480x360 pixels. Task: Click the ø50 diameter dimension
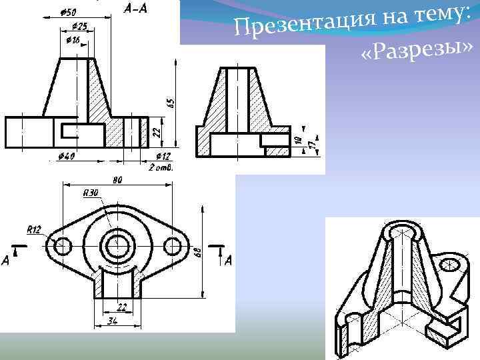point(67,12)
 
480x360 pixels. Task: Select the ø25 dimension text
point(79,26)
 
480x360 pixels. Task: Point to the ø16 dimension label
point(73,40)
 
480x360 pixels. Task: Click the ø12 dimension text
point(161,157)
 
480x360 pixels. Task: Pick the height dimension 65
point(170,103)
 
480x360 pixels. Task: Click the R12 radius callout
point(33,229)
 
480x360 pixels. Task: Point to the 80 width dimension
point(117,179)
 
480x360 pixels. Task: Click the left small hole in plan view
point(62,245)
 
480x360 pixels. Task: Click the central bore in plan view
point(118,245)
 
